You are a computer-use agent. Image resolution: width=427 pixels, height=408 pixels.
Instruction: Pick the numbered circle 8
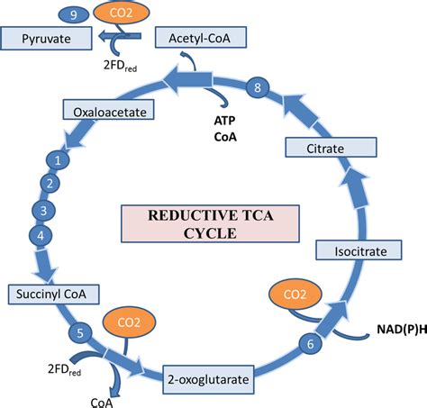click(259, 87)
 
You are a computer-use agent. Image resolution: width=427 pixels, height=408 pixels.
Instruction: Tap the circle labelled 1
click(58, 160)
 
